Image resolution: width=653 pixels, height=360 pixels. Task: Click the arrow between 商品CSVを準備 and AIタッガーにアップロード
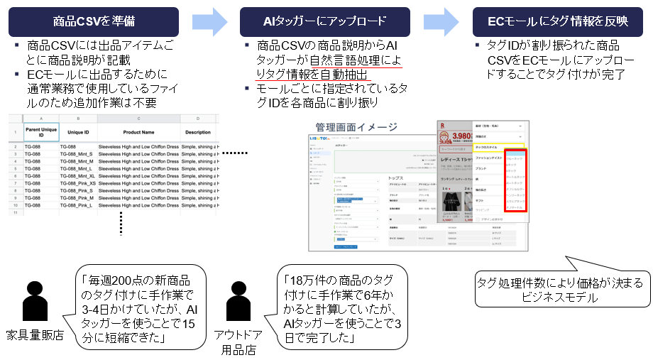click(x=207, y=21)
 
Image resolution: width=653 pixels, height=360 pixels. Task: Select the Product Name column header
click(x=138, y=132)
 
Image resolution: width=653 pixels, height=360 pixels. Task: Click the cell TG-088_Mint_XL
click(x=77, y=175)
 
